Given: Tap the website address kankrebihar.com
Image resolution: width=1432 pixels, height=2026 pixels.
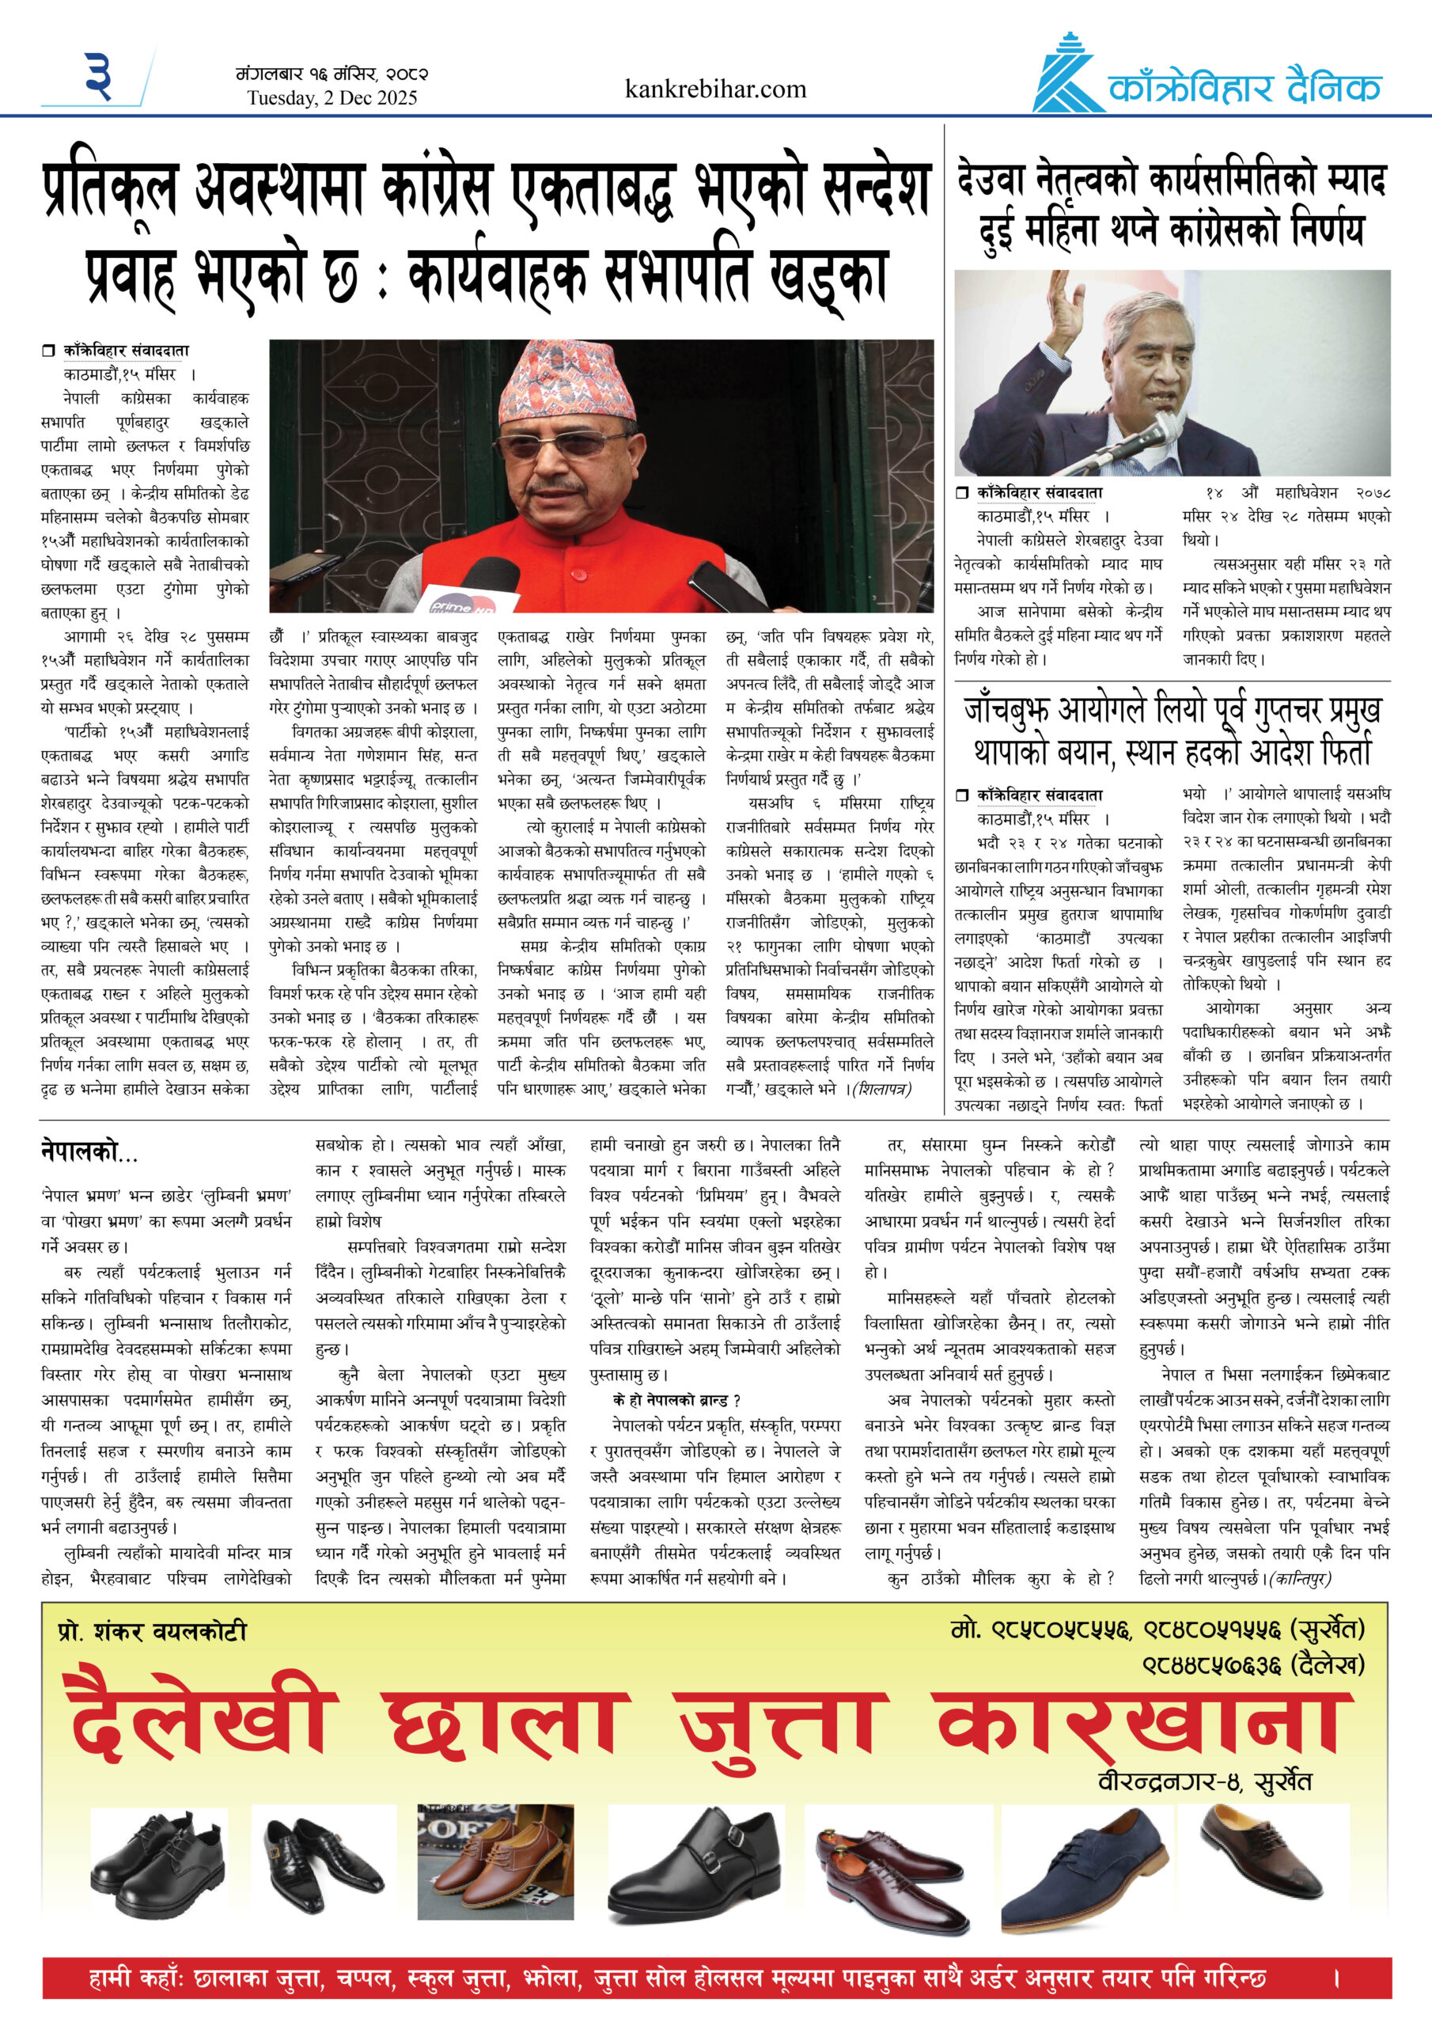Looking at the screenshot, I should click(714, 89).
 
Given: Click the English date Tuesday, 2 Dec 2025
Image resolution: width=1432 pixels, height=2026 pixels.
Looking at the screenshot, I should click(331, 98).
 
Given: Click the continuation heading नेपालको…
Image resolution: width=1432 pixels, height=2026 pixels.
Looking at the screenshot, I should click(89, 1152).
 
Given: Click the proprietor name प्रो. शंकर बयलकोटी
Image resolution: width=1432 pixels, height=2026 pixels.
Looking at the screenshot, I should click(152, 1632).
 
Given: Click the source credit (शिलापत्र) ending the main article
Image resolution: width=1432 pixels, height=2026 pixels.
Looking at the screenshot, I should click(881, 1089).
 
